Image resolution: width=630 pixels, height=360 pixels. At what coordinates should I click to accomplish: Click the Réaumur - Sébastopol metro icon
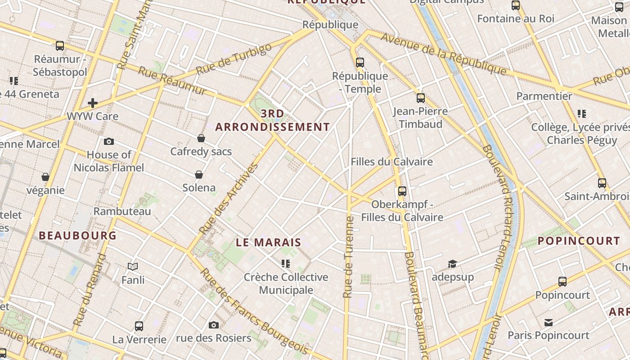point(60,46)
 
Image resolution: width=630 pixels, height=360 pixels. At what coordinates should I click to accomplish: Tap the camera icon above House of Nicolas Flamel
point(109,142)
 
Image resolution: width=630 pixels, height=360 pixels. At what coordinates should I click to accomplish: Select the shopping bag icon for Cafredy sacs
point(201,138)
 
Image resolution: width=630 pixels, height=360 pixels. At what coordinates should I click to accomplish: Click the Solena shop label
point(199,188)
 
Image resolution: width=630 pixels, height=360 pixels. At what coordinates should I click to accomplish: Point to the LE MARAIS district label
point(269,242)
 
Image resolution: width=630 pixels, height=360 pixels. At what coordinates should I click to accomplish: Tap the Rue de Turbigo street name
point(234,59)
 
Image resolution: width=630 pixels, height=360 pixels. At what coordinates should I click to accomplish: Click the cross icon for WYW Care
point(93,103)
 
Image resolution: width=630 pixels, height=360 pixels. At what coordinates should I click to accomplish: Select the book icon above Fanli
point(133,267)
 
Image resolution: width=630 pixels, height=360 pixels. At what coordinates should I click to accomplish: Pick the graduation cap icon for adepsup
point(452,264)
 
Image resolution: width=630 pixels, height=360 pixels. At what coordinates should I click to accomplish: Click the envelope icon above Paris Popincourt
point(548,323)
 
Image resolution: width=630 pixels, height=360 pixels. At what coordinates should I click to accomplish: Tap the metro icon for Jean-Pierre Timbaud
point(420,98)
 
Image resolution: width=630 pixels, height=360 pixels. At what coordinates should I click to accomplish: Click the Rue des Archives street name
point(229,198)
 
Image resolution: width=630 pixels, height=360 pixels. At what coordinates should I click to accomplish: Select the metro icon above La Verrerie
point(139,326)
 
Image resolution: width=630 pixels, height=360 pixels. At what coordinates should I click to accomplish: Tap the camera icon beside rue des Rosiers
point(214,325)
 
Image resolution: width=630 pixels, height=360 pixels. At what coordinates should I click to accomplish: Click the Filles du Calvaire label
point(391,162)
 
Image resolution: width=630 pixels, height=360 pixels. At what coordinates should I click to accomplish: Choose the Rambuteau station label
point(122,211)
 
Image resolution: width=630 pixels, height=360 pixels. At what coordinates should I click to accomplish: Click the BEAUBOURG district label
point(78,235)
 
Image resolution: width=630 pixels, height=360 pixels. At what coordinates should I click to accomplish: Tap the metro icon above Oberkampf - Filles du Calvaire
point(402,191)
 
